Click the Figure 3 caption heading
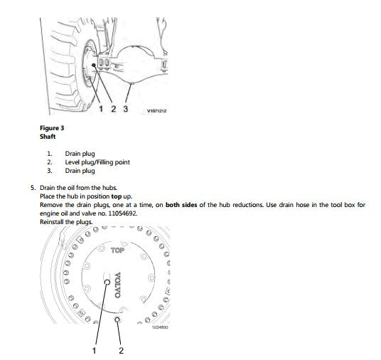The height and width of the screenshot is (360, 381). pyautogui.click(x=52, y=128)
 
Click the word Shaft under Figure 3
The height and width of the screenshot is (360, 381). pyautogui.click(x=48, y=137)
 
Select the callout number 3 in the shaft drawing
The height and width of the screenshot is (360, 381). pyautogui.click(x=125, y=109)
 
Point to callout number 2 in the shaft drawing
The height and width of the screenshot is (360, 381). pyautogui.click(x=114, y=109)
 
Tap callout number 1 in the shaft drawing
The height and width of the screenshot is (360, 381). pyautogui.click(x=101, y=109)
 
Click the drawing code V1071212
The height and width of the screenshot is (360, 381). pyautogui.click(x=156, y=111)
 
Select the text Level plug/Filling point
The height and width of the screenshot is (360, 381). pyautogui.click(x=97, y=162)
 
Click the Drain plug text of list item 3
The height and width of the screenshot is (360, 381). pyautogui.click(x=80, y=171)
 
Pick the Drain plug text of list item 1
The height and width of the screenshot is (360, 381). pyautogui.click(x=80, y=154)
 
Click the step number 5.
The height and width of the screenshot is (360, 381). pyautogui.click(x=33, y=188)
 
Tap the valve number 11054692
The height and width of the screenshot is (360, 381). pyautogui.click(x=123, y=213)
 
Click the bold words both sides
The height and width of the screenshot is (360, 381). pyautogui.click(x=181, y=205)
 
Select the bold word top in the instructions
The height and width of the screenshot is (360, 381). pyautogui.click(x=117, y=196)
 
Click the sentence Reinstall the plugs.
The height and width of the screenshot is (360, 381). pyautogui.click(x=66, y=222)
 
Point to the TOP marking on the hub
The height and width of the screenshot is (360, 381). pyautogui.click(x=117, y=250)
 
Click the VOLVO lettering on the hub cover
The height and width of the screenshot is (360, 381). pyautogui.click(x=117, y=285)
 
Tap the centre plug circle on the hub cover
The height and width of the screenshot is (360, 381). pyautogui.click(x=107, y=282)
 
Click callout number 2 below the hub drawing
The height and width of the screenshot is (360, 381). pyautogui.click(x=121, y=351)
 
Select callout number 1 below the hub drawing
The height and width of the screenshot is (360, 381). pyautogui.click(x=95, y=351)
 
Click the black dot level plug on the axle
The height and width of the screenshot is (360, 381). pyautogui.click(x=94, y=65)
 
